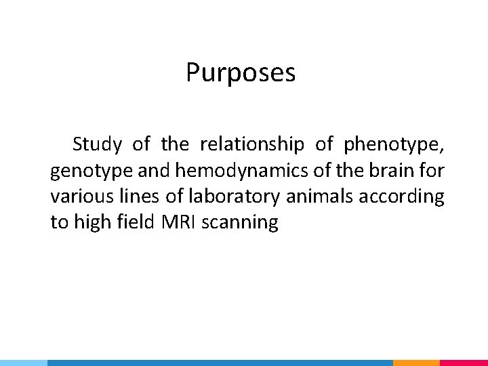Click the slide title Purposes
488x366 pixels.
(241, 73)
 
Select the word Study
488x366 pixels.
(97, 144)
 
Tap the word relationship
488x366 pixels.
(252, 144)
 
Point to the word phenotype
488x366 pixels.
(394, 145)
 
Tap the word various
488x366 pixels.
(73, 197)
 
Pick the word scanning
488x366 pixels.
(240, 223)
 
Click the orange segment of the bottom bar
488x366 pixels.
(416, 363)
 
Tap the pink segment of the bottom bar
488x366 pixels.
(464, 363)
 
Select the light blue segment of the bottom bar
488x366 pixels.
(24, 363)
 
